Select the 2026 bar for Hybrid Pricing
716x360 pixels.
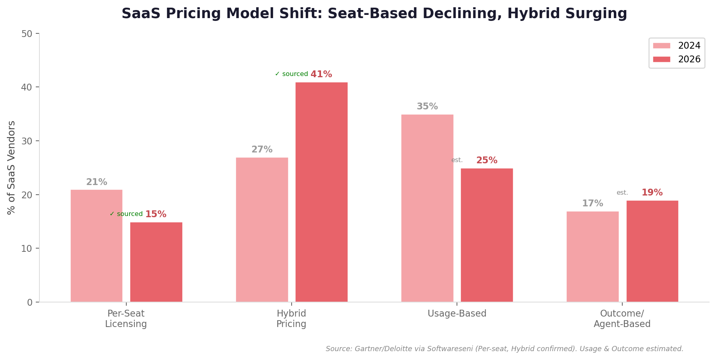point(321,192)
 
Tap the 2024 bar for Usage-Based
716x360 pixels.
point(427,208)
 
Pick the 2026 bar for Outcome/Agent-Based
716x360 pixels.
point(652,251)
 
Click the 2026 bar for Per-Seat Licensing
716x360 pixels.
point(156,262)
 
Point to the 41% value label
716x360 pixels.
point(321,74)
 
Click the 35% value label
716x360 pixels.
point(427,107)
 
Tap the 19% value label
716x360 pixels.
point(652,193)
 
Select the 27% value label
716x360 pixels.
point(262,150)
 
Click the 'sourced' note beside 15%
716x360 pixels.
point(126,214)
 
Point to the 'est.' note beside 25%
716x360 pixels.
point(457,160)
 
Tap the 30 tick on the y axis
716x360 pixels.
point(27,141)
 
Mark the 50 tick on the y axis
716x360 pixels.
point(27,34)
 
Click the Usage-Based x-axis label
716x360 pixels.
point(457,314)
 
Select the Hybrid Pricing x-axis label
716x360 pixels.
point(291,319)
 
